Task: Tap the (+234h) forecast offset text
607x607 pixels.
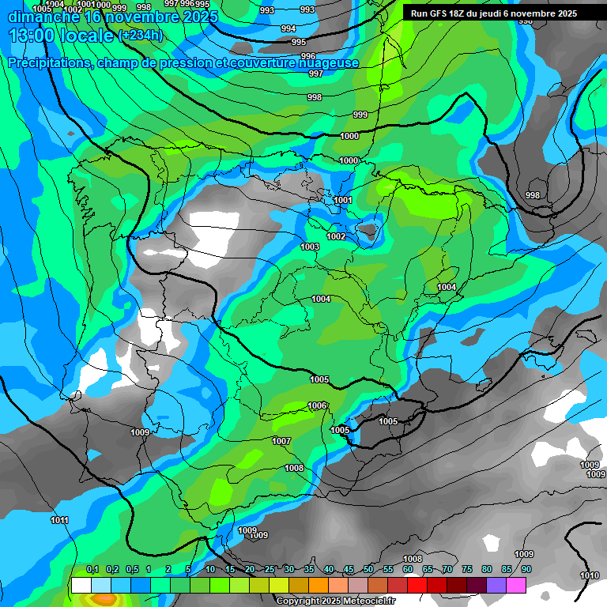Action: click(x=140, y=36)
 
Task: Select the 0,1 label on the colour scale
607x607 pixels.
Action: click(x=92, y=570)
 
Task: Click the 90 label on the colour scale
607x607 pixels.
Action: click(x=526, y=570)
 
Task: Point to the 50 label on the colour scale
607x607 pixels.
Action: click(x=368, y=570)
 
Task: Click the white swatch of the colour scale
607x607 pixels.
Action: click(x=80, y=586)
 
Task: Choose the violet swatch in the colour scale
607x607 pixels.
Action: click(x=496, y=586)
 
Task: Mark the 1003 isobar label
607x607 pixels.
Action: click(x=310, y=247)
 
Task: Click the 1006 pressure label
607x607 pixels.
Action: click(x=317, y=405)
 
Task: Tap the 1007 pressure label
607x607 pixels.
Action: click(x=281, y=441)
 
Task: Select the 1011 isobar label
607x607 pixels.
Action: click(x=59, y=520)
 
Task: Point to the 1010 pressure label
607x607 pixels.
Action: click(x=589, y=575)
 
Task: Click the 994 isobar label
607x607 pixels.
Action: click(x=288, y=28)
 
